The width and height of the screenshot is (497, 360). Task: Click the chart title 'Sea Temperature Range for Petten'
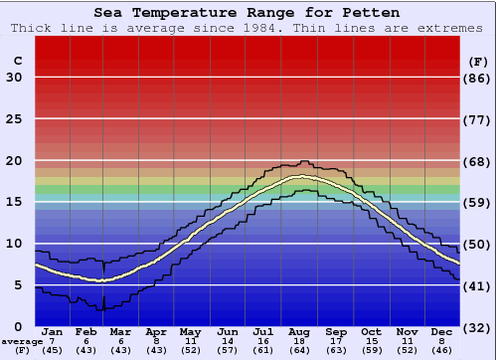click(x=248, y=13)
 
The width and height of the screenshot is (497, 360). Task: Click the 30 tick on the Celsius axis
click(x=15, y=78)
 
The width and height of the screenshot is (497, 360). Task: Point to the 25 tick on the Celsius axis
click(x=15, y=119)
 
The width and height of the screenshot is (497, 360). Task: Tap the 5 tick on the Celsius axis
click(x=18, y=285)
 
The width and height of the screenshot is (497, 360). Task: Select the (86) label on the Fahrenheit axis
click(x=478, y=78)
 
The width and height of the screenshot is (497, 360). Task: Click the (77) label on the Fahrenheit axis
click(x=478, y=119)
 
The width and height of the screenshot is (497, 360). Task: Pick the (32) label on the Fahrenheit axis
click(x=478, y=327)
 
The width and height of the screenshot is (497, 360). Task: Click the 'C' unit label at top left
click(x=17, y=61)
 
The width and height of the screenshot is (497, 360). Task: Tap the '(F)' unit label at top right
click(x=477, y=61)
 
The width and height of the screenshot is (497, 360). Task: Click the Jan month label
click(x=53, y=331)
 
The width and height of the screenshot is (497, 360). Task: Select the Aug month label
click(x=301, y=331)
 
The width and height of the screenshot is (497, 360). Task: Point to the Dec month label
click(x=442, y=331)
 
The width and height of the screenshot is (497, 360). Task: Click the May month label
click(x=191, y=331)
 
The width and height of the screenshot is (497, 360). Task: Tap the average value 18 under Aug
click(x=301, y=340)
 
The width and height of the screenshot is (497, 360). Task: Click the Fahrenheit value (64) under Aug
click(x=301, y=350)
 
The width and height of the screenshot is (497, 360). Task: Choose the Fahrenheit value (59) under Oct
click(x=372, y=350)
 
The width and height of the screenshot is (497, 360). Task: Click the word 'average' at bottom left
click(x=22, y=340)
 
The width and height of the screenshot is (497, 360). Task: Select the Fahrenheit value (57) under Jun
click(x=228, y=350)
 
